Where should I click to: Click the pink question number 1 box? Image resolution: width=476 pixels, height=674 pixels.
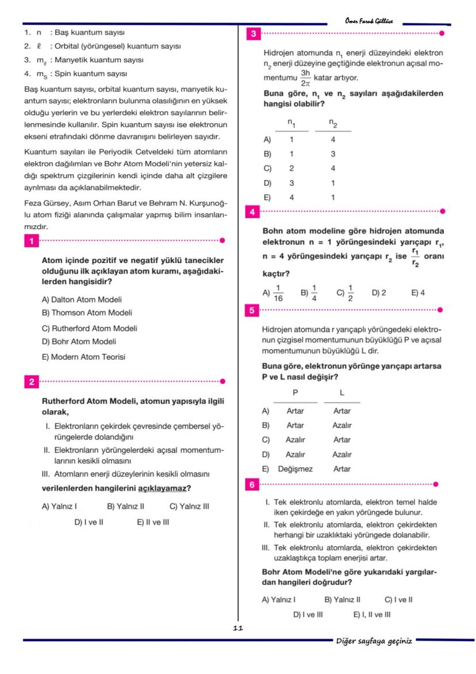(31, 241)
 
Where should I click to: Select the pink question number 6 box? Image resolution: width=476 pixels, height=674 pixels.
(253, 485)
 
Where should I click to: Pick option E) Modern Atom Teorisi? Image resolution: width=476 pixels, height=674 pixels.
(83, 357)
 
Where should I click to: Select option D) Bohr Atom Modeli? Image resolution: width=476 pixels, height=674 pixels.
(79, 342)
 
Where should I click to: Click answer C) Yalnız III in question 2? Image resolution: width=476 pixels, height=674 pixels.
(189, 507)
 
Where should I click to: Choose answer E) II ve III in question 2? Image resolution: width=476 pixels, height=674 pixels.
(153, 523)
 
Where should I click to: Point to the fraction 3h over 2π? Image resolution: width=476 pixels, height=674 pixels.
(305, 78)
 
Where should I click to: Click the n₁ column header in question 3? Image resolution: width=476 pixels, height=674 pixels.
(291, 123)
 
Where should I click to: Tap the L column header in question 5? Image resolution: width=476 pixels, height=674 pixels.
(341, 393)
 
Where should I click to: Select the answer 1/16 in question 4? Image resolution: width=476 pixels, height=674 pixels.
(278, 293)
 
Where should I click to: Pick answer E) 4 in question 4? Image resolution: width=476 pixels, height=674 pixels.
(418, 293)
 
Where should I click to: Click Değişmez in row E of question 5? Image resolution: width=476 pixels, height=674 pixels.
(295, 469)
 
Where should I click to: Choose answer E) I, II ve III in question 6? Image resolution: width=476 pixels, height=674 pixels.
(371, 615)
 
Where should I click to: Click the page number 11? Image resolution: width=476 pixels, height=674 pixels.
(238, 629)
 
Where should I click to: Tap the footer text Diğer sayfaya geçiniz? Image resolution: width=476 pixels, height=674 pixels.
(374, 641)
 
